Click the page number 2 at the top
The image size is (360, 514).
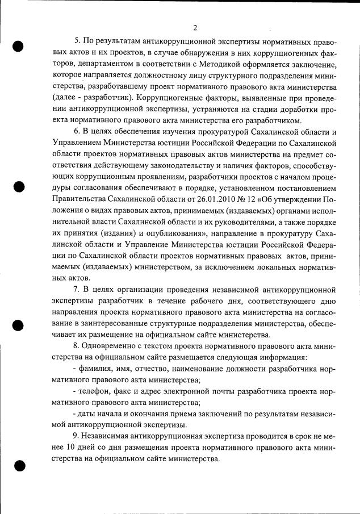pos(195,27)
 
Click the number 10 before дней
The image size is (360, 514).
pos(57,447)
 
